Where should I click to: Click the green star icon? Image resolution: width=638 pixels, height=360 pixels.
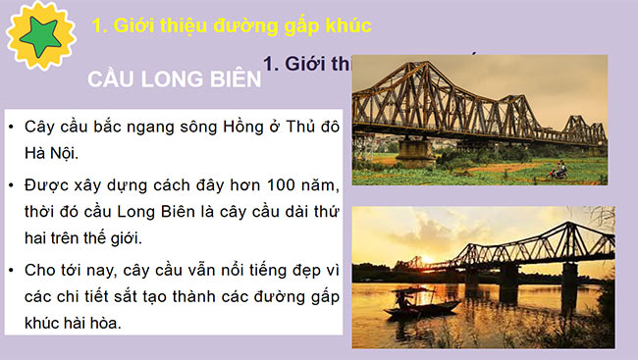coord(40,35)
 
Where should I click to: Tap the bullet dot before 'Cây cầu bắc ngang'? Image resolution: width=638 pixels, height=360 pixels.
coord(11,128)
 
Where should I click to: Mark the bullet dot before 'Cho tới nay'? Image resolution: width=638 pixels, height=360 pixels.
coord(11,268)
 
